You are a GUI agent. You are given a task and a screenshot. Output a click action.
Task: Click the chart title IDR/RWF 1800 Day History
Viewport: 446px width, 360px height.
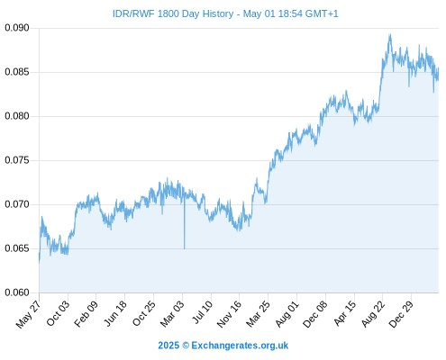tap(173, 13)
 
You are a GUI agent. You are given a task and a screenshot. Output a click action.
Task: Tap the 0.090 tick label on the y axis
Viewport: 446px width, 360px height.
tap(17, 28)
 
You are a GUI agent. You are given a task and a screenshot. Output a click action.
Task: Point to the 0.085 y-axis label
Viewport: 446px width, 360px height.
tap(17, 72)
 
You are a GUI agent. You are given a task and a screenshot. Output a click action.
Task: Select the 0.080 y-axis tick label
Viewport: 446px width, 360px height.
tap(17, 116)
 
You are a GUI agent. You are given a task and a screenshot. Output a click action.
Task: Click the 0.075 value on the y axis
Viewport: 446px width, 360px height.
tap(17, 160)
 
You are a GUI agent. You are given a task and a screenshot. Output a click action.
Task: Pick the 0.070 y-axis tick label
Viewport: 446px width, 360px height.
tap(17, 204)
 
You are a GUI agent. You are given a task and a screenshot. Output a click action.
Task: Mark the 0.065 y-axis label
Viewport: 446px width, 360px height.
tap(17, 248)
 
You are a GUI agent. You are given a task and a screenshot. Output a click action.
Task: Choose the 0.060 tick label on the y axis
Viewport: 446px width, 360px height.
tap(17, 292)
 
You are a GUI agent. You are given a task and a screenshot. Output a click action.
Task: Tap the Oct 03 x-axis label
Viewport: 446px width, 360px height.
tap(58, 313)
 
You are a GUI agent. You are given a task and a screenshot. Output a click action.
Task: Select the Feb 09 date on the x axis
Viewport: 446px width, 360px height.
tap(86, 313)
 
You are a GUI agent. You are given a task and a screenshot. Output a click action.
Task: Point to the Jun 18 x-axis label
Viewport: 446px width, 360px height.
tap(115, 313)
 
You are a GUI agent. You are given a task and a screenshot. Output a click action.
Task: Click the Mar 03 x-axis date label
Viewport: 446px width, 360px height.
tap(172, 313)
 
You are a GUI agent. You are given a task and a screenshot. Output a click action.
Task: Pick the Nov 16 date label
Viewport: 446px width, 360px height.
tap(229, 314)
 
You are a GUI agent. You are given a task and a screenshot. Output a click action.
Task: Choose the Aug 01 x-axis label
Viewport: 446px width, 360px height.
tap(287, 313)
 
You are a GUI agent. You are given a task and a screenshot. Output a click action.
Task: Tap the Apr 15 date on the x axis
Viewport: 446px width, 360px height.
tap(345, 313)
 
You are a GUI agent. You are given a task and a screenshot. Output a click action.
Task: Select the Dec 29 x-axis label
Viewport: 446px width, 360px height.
tap(401, 314)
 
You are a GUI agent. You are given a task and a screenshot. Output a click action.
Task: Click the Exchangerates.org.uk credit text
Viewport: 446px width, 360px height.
tap(240, 346)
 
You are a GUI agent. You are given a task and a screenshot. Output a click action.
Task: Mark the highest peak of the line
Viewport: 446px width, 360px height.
tap(390, 34)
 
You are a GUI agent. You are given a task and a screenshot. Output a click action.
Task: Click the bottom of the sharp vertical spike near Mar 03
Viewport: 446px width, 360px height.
tap(185, 248)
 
